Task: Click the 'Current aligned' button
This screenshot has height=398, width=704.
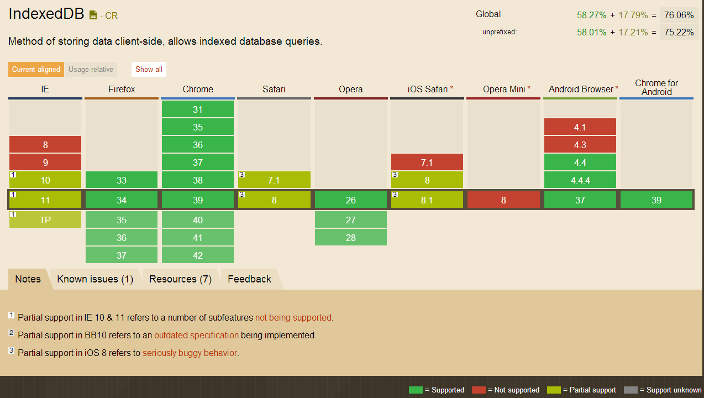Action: tap(36, 70)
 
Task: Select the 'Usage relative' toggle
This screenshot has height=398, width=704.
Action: tap(91, 70)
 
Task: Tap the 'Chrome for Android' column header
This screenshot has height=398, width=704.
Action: tap(656, 87)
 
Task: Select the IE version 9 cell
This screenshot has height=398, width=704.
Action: tap(45, 163)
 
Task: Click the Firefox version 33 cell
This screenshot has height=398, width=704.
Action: tap(122, 180)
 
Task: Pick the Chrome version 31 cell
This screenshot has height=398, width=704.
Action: tap(198, 109)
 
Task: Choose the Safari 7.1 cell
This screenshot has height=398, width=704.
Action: tap(274, 180)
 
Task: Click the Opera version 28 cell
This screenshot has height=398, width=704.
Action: tap(351, 238)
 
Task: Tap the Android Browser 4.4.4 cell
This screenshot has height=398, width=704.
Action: tap(580, 180)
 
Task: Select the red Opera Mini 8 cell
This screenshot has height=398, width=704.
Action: tap(503, 200)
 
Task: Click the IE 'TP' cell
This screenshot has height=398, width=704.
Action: tap(45, 220)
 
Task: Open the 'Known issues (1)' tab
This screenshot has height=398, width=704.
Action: tap(95, 279)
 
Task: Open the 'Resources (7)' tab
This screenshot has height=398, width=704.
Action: tap(180, 279)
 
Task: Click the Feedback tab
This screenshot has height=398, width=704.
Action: tap(249, 279)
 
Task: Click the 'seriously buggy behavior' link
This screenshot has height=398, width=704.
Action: tap(190, 353)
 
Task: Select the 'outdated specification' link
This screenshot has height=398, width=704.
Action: tap(196, 336)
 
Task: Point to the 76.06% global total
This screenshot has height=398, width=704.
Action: tap(679, 15)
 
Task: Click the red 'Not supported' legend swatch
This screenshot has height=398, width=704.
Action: tap(479, 390)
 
